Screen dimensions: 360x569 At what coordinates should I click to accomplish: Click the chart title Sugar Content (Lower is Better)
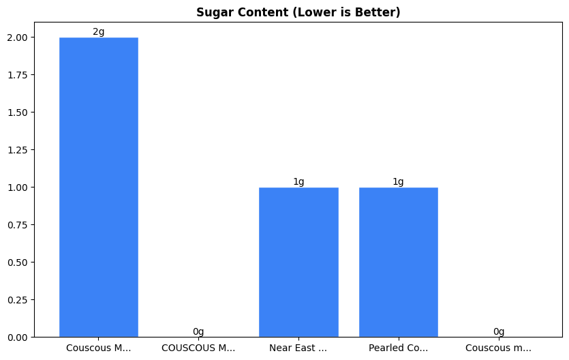pyautogui.click(x=298, y=12)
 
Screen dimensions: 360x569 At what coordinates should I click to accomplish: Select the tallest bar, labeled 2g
pyautogui.click(x=99, y=187)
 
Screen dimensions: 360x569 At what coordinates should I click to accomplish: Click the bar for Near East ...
pyautogui.click(x=298, y=262)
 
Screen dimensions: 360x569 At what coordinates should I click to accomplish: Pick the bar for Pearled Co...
pyautogui.click(x=398, y=262)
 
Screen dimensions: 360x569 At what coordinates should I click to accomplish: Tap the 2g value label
pyautogui.click(x=99, y=32)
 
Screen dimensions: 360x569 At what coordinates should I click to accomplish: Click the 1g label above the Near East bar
pyautogui.click(x=298, y=181)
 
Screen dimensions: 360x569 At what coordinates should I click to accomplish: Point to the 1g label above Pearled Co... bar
pyautogui.click(x=398, y=181)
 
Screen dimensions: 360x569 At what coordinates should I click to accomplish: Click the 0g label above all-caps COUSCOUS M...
pyautogui.click(x=198, y=331)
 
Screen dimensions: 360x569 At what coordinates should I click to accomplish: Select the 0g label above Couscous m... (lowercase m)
pyautogui.click(x=498, y=331)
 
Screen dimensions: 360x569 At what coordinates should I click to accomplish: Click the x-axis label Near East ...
pyautogui.click(x=298, y=348)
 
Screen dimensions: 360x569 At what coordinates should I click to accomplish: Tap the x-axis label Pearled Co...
pyautogui.click(x=398, y=348)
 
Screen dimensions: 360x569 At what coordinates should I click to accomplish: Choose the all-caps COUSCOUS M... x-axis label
pyautogui.click(x=198, y=348)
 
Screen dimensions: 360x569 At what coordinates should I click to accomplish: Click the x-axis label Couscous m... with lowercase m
pyautogui.click(x=498, y=348)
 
